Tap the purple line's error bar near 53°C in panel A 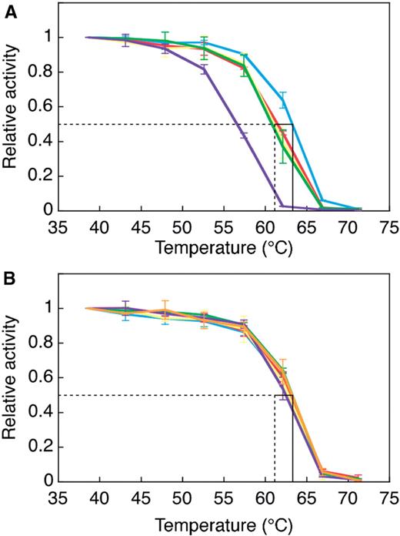(x=203, y=70)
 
